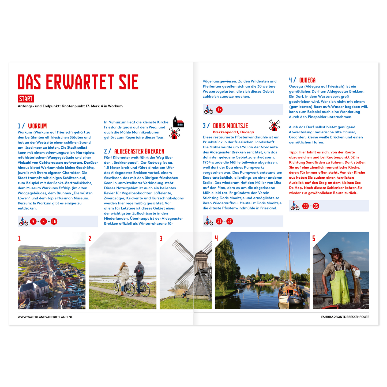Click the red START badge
pyautogui.click(x=26, y=99)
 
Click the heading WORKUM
pyautogui.click(x=37, y=126)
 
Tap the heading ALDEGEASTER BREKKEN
pyautogui.click(x=139, y=151)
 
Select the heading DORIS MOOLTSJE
pyautogui.click(x=230, y=126)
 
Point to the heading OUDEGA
pyautogui.click(x=307, y=80)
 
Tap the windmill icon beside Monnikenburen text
pyautogui.click(x=174, y=133)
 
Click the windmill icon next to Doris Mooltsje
pyautogui.click(x=274, y=125)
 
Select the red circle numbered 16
pyautogui.click(x=54, y=221)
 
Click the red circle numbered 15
pyautogui.click(x=219, y=110)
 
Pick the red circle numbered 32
pyautogui.click(x=230, y=221)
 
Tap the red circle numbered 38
pyautogui.click(x=305, y=206)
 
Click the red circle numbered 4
pyautogui.click(x=33, y=221)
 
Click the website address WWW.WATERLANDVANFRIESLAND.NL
pyautogui.click(x=45, y=317)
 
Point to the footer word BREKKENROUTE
pyautogui.click(x=358, y=317)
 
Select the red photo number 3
pyautogui.click(x=161, y=239)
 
